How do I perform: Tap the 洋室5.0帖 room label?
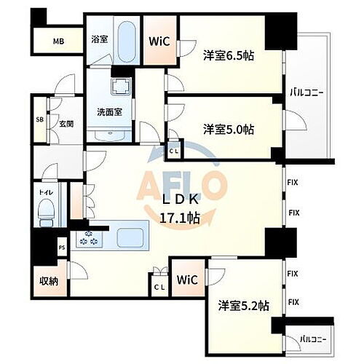(x=229, y=129)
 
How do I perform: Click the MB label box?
(x=58, y=41)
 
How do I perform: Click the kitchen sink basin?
(x=131, y=237)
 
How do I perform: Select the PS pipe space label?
(x=62, y=247)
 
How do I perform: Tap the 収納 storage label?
(x=49, y=281)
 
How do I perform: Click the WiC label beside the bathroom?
(x=159, y=41)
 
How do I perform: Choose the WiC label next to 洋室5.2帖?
(x=187, y=280)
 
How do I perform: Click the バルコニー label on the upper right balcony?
(x=306, y=92)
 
